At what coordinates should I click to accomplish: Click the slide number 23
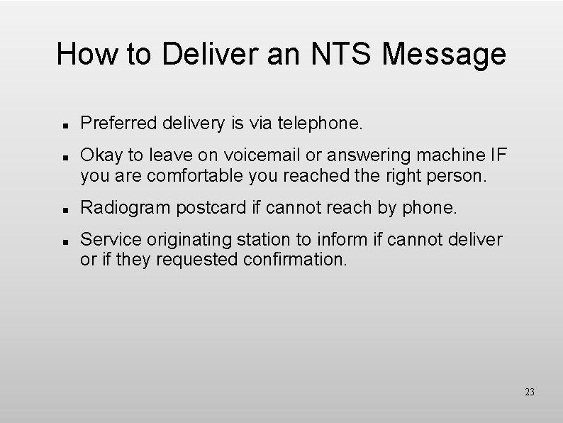[529, 392]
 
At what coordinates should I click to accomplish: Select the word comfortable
[182, 175]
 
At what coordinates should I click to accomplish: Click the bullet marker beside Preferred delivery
[65, 126]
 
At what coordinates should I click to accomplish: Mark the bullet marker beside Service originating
[65, 242]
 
